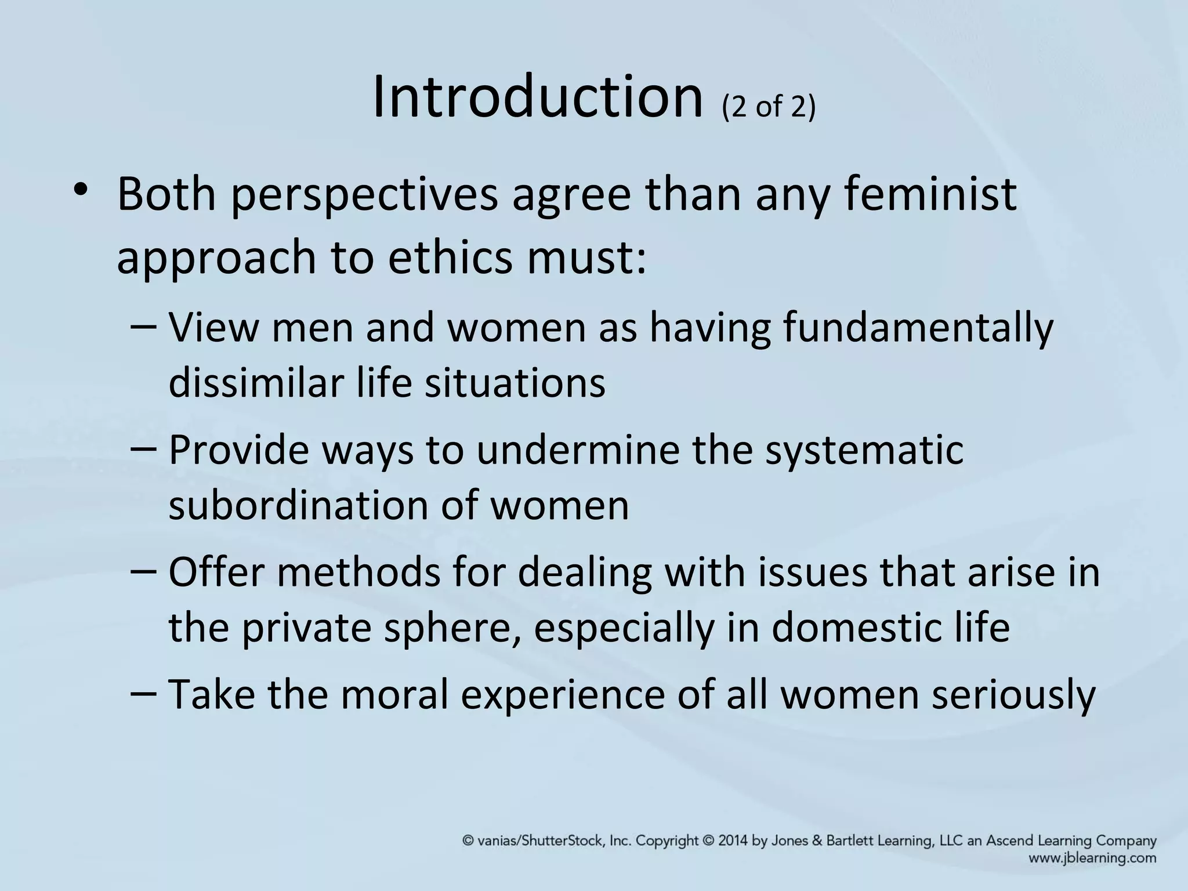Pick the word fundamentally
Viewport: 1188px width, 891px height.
tap(918, 328)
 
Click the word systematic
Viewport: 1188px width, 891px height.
tap(864, 451)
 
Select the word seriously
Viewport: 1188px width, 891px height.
tap(1013, 695)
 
